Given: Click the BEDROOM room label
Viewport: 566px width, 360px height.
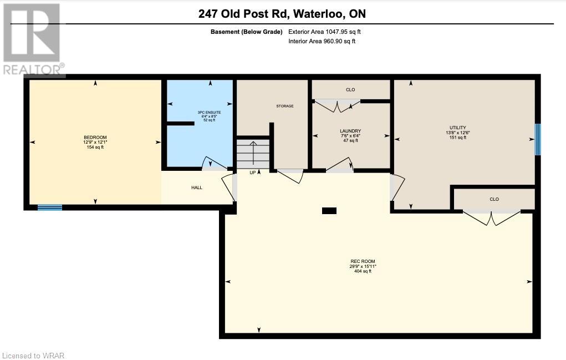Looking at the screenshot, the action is point(95,137).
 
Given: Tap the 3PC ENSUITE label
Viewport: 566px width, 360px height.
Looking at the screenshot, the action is point(210,112).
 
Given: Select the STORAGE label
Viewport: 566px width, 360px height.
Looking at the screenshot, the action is point(285,106).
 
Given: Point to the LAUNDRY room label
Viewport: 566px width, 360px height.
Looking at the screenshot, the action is point(350,131).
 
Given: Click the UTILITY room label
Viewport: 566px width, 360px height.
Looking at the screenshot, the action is point(458,128).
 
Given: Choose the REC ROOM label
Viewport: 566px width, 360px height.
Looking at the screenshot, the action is point(363,261).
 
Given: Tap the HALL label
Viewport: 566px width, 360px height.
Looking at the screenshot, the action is point(197,187).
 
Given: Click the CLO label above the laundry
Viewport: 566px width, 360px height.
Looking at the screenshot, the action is point(350,89).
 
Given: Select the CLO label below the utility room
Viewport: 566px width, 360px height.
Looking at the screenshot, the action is point(494,199).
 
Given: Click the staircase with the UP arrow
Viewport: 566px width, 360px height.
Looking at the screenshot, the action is point(253,154).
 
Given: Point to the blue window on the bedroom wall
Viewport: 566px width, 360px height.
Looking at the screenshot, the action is point(50,207).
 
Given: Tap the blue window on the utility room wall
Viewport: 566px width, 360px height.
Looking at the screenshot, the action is point(538,139).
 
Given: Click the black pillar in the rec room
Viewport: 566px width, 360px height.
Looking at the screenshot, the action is point(329,211).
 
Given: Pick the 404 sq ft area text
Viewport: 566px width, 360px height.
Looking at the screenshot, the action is point(363,271).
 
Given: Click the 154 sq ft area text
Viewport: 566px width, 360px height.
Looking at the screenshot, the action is point(95,147).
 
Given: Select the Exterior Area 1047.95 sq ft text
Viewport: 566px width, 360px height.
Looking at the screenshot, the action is point(324,32).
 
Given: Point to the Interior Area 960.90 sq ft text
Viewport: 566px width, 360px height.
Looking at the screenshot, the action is point(322,41).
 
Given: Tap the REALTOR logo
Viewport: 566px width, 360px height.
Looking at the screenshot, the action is point(33,39).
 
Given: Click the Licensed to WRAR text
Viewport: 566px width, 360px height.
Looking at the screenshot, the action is point(33,356).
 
